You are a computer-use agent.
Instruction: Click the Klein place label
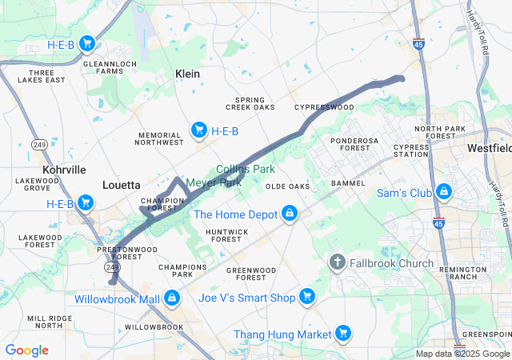pyautogui.click(x=187, y=74)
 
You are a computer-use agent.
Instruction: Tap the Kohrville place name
pyautogui.click(x=64, y=170)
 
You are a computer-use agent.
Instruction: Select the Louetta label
pyautogui.click(x=122, y=185)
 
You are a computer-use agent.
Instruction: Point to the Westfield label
pyautogui.click(x=490, y=149)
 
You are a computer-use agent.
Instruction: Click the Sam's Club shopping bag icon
pyautogui.click(x=443, y=193)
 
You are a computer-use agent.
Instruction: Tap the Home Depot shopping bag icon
pyautogui.click(x=290, y=214)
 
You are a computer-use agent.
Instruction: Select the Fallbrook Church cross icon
pyautogui.click(x=338, y=262)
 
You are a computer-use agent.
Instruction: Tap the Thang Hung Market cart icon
pyautogui.click(x=343, y=333)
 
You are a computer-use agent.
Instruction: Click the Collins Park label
pyautogui.click(x=246, y=169)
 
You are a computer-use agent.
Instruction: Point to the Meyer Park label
pyautogui.click(x=214, y=182)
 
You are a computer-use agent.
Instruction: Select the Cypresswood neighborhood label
pyautogui.click(x=324, y=106)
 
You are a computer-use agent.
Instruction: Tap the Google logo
pyautogui.click(x=26, y=350)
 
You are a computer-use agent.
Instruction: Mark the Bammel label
pyautogui.click(x=348, y=183)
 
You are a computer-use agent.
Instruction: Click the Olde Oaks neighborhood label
pyautogui.click(x=287, y=186)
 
